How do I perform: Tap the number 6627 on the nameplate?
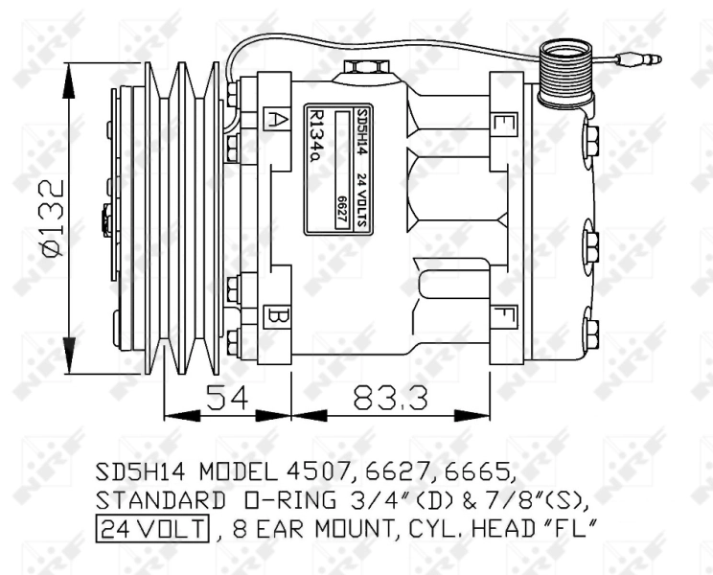[341, 210]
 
